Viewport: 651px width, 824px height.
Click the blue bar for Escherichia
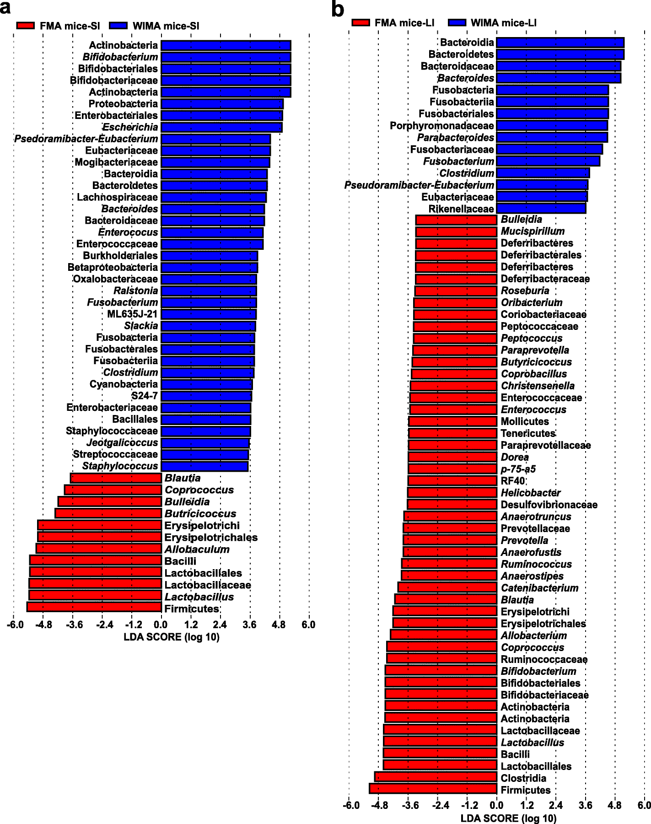[x=221, y=127]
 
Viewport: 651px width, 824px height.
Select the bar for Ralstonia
[x=209, y=291]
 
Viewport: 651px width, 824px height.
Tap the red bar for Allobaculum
[x=99, y=549]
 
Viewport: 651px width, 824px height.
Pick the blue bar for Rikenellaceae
[x=541, y=209]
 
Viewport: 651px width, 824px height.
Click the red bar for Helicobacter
[x=452, y=493]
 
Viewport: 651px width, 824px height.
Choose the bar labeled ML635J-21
[x=209, y=314]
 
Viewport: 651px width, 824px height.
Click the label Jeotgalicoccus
[x=122, y=443]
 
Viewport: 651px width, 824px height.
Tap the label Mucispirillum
[x=533, y=232]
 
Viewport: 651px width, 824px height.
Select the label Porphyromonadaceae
[x=441, y=126]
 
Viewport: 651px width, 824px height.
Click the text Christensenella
[x=538, y=386]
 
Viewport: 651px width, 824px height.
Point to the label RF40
[x=513, y=481]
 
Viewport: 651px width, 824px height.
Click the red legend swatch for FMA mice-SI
[x=26, y=26]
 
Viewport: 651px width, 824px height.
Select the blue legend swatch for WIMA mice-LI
[x=457, y=23]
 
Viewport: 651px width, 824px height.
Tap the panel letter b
[x=338, y=9]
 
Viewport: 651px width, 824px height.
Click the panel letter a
[x=5, y=7]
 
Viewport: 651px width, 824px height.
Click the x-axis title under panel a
[x=172, y=637]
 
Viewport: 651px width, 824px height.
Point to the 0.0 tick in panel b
[x=496, y=806]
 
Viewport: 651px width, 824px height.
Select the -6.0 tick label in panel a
[x=15, y=625]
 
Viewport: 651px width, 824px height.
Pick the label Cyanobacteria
[x=124, y=384]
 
